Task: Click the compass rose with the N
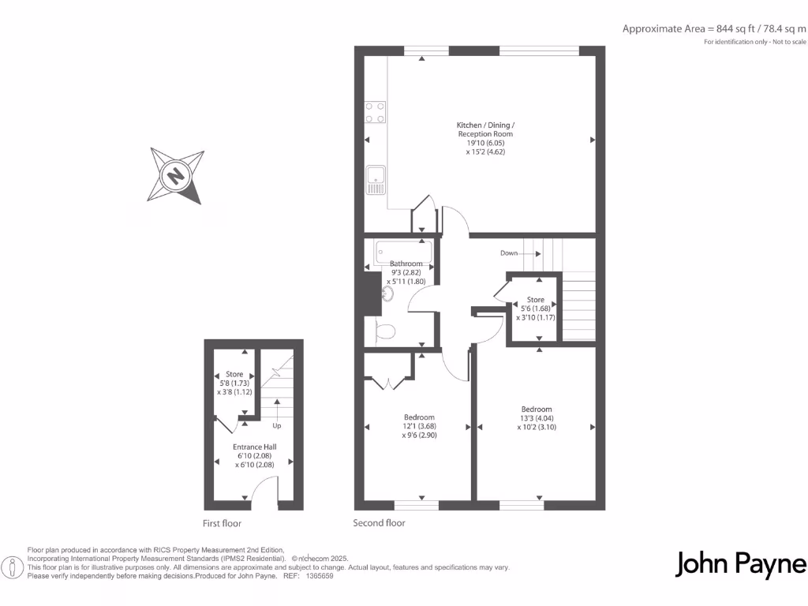click(174, 175)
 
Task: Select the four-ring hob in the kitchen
click(375, 113)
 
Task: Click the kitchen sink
click(375, 180)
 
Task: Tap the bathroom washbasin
click(387, 294)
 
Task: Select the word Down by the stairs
click(509, 253)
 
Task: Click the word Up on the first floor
click(276, 425)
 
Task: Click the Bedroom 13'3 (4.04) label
click(537, 417)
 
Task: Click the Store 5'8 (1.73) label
click(234, 383)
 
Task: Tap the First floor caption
click(222, 523)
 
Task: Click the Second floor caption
click(379, 523)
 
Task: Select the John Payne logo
click(741, 564)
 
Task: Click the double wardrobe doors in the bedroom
click(387, 382)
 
